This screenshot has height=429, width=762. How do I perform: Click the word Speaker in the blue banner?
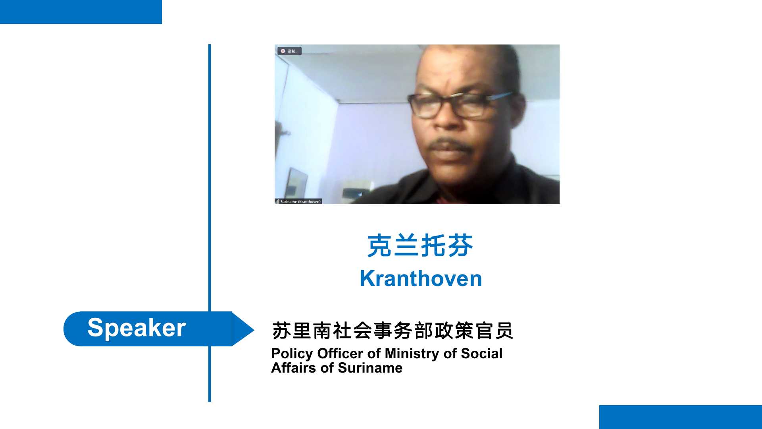click(x=137, y=328)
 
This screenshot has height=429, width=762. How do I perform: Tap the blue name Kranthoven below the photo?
click(x=421, y=278)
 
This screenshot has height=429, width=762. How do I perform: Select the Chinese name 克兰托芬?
click(x=420, y=245)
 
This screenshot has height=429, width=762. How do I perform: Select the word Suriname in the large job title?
click(x=370, y=368)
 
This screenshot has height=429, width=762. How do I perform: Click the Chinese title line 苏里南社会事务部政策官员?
click(x=393, y=331)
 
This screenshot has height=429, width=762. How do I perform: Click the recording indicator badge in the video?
click(x=289, y=51)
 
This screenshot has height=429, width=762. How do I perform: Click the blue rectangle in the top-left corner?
click(x=81, y=12)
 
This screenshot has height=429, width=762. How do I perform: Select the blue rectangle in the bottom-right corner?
click(x=681, y=417)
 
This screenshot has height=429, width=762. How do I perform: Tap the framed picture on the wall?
click(x=296, y=184)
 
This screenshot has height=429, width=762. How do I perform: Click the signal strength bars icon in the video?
click(x=277, y=201)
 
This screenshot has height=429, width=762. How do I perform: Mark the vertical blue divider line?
click(x=210, y=223)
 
